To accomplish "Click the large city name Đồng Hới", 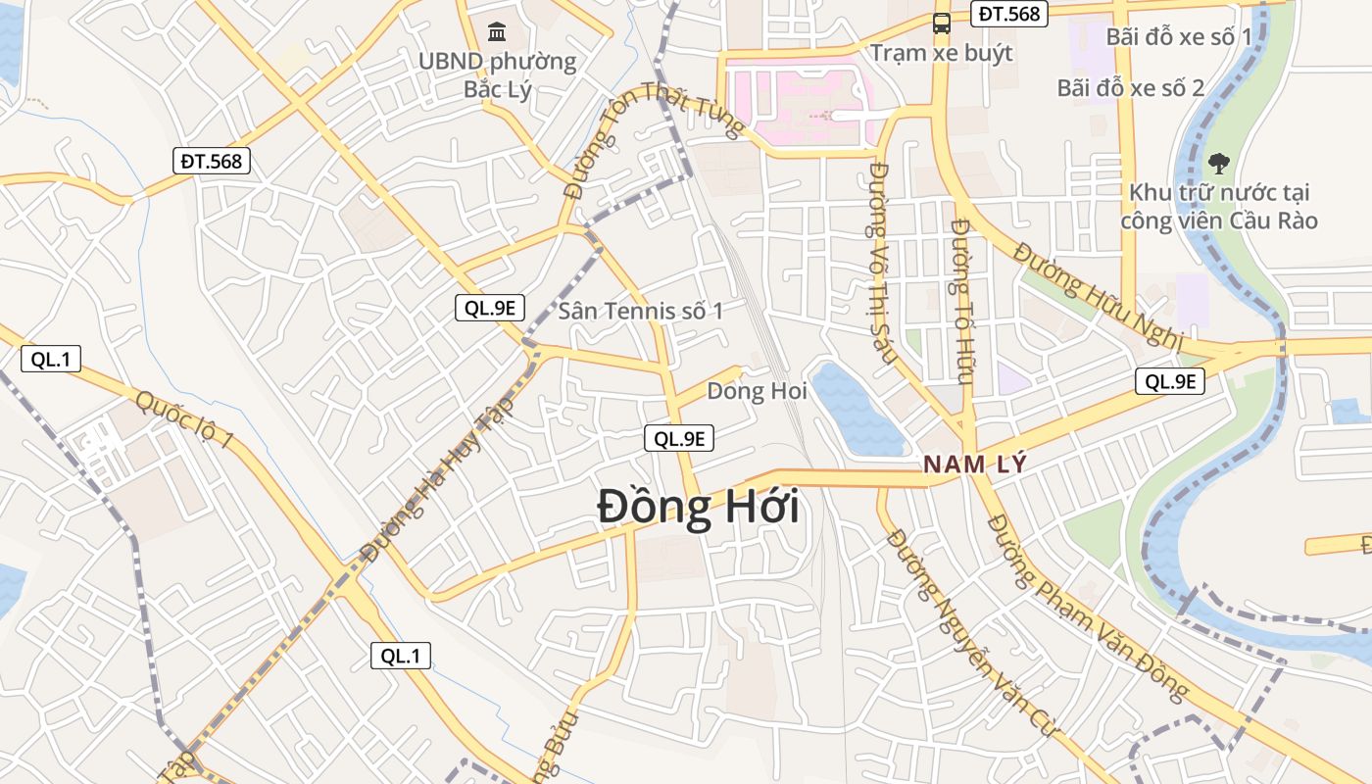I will coord(698,509).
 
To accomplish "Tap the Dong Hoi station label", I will coord(757,391).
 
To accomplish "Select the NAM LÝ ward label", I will coord(975,465).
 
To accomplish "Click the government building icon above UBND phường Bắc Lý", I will coord(497,32).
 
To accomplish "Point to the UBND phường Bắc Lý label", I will coord(497,75).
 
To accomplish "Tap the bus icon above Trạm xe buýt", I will coord(941,24).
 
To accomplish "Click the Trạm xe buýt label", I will coord(941,53).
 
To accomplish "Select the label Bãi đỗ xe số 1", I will coord(1179,37).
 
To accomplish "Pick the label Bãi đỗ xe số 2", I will coord(1130,88).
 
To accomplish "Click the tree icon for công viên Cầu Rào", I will coord(1218,163).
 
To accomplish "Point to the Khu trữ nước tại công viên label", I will coord(1218,206).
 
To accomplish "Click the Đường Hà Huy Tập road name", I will coord(438,478).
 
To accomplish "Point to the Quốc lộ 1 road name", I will coord(184,419).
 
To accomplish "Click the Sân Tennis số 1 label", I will coord(641,312).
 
